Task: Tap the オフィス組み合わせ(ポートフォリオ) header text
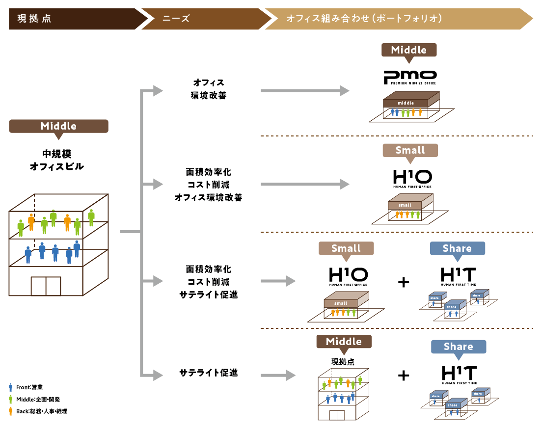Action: pos(364,18)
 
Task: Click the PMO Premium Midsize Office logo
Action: pos(410,78)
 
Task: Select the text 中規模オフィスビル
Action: pos(57,160)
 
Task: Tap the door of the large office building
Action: pos(46,286)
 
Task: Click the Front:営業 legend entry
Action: pos(26,387)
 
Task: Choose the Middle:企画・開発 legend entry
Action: pos(34,399)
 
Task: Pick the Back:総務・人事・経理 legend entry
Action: pos(38,411)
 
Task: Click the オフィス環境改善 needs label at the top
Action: pos(209,89)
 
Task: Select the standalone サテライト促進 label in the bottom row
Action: pos(209,373)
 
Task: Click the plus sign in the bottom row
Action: pos(404,375)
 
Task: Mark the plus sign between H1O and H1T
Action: pos(404,282)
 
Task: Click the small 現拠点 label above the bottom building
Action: pos(343,362)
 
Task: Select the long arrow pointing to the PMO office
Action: pos(305,91)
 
